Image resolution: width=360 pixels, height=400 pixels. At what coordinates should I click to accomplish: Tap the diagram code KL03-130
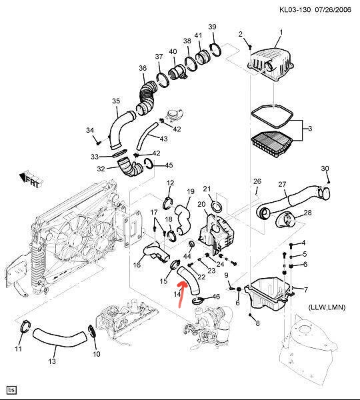(295, 10)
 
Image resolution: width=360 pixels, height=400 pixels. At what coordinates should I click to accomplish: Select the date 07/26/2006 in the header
(333, 10)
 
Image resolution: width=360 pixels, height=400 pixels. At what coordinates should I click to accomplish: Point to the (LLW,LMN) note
(327, 307)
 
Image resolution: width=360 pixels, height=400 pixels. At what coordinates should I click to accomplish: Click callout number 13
(52, 361)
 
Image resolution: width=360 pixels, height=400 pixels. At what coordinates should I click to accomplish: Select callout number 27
(282, 184)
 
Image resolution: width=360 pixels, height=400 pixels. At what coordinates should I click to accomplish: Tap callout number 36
(143, 68)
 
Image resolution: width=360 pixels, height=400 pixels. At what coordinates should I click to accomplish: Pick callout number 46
(216, 297)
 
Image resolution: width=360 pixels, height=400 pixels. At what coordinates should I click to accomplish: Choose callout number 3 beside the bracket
(310, 128)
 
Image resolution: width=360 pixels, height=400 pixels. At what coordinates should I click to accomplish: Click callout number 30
(325, 169)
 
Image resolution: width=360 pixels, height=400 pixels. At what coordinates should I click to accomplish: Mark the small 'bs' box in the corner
(11, 390)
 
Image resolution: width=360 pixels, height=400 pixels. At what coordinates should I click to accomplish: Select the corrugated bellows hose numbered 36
(146, 97)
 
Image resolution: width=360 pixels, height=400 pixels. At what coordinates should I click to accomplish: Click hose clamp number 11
(25, 326)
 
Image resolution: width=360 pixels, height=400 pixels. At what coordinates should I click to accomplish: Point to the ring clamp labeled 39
(215, 50)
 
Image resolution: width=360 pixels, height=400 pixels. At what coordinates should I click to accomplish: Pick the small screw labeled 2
(250, 47)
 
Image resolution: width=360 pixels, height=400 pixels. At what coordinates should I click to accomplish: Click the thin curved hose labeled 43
(147, 136)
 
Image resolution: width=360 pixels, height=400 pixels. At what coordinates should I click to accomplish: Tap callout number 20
(201, 204)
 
